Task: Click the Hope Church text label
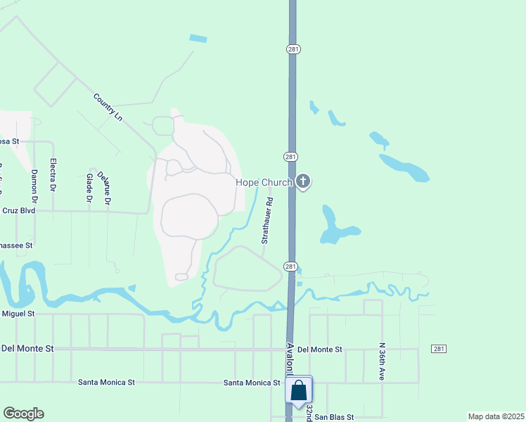(263, 183)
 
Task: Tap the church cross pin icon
(303, 182)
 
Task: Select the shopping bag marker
(298, 391)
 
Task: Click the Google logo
(23, 414)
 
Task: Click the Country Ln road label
(108, 105)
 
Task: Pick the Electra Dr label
(53, 174)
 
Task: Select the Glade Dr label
(89, 188)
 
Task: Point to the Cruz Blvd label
(18, 210)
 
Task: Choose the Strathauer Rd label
(266, 220)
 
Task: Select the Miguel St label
(18, 313)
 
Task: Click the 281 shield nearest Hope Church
(290, 156)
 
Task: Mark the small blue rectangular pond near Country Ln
(198, 39)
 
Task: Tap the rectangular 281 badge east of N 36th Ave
(439, 349)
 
